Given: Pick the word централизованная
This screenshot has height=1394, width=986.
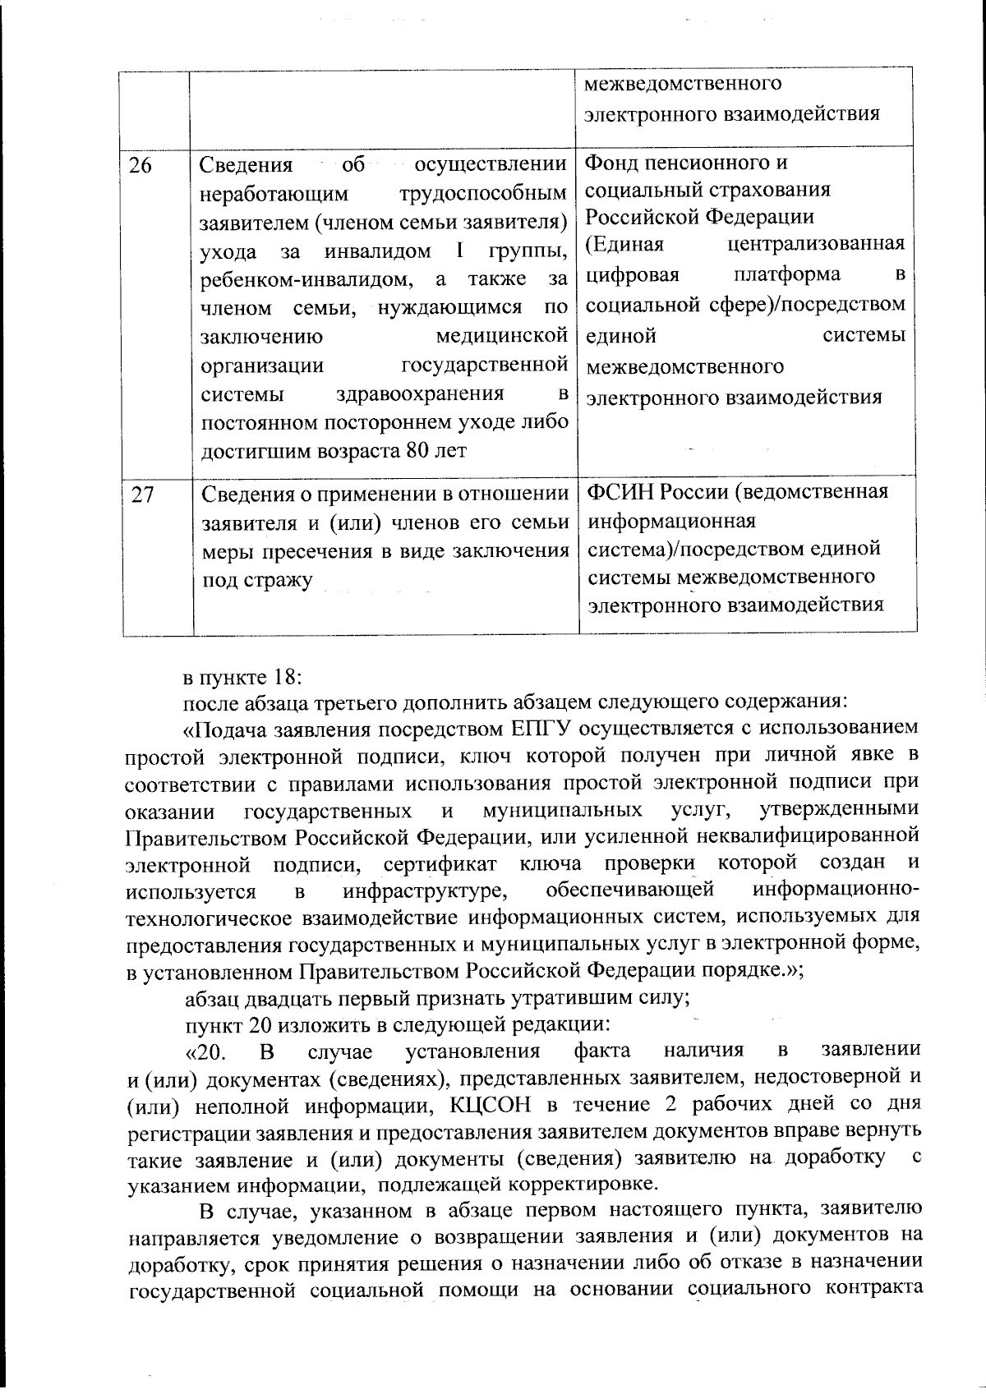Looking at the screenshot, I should coord(816,245).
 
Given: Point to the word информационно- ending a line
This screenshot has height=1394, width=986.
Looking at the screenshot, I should coord(836,890).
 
